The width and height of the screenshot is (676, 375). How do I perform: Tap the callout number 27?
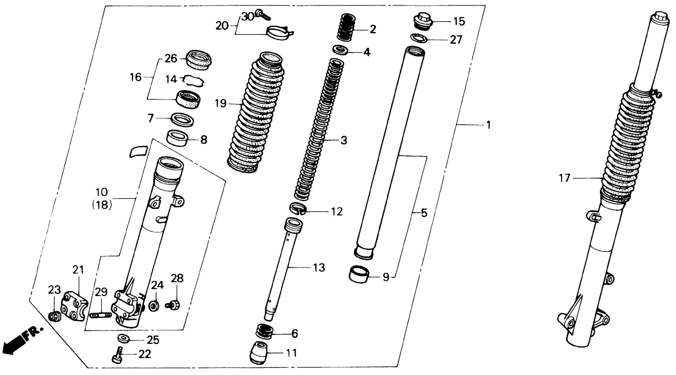pyautogui.click(x=456, y=40)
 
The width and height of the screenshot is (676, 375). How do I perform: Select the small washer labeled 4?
pyautogui.click(x=340, y=50)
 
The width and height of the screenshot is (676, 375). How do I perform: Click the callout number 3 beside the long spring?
pyautogui.click(x=344, y=140)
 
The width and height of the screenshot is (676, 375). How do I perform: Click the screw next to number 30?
pyautogui.click(x=263, y=14)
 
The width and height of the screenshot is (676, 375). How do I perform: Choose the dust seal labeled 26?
pyautogui.click(x=199, y=60)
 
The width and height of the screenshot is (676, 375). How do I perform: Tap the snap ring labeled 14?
pyautogui.click(x=194, y=81)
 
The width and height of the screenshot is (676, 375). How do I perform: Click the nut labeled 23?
pyautogui.click(x=55, y=317)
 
